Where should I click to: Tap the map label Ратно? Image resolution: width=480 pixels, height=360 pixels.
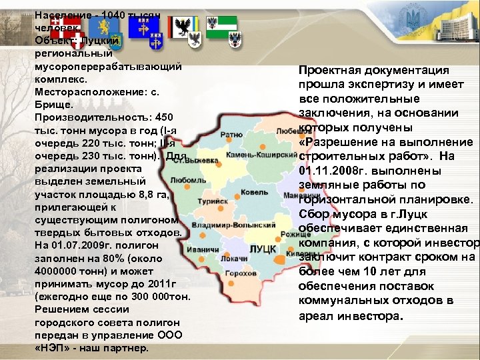point(231,135)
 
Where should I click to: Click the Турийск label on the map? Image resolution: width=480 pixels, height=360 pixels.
point(215,200)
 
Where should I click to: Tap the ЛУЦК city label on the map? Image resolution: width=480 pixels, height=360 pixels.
point(263,249)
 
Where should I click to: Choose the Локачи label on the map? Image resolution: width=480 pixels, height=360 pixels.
point(233,257)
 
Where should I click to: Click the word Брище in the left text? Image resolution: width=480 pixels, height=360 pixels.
point(49,105)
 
